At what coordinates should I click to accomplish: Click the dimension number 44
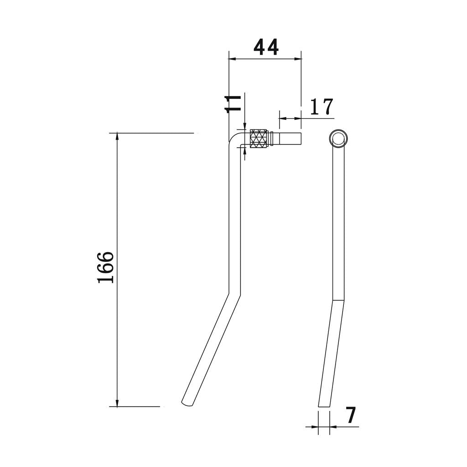(266, 47)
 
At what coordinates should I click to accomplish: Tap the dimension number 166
(106, 267)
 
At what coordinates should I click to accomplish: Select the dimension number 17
(322, 107)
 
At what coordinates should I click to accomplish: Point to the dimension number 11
(233, 104)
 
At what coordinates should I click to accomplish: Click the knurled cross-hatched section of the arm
(259, 139)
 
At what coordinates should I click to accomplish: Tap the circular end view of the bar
(338, 138)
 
